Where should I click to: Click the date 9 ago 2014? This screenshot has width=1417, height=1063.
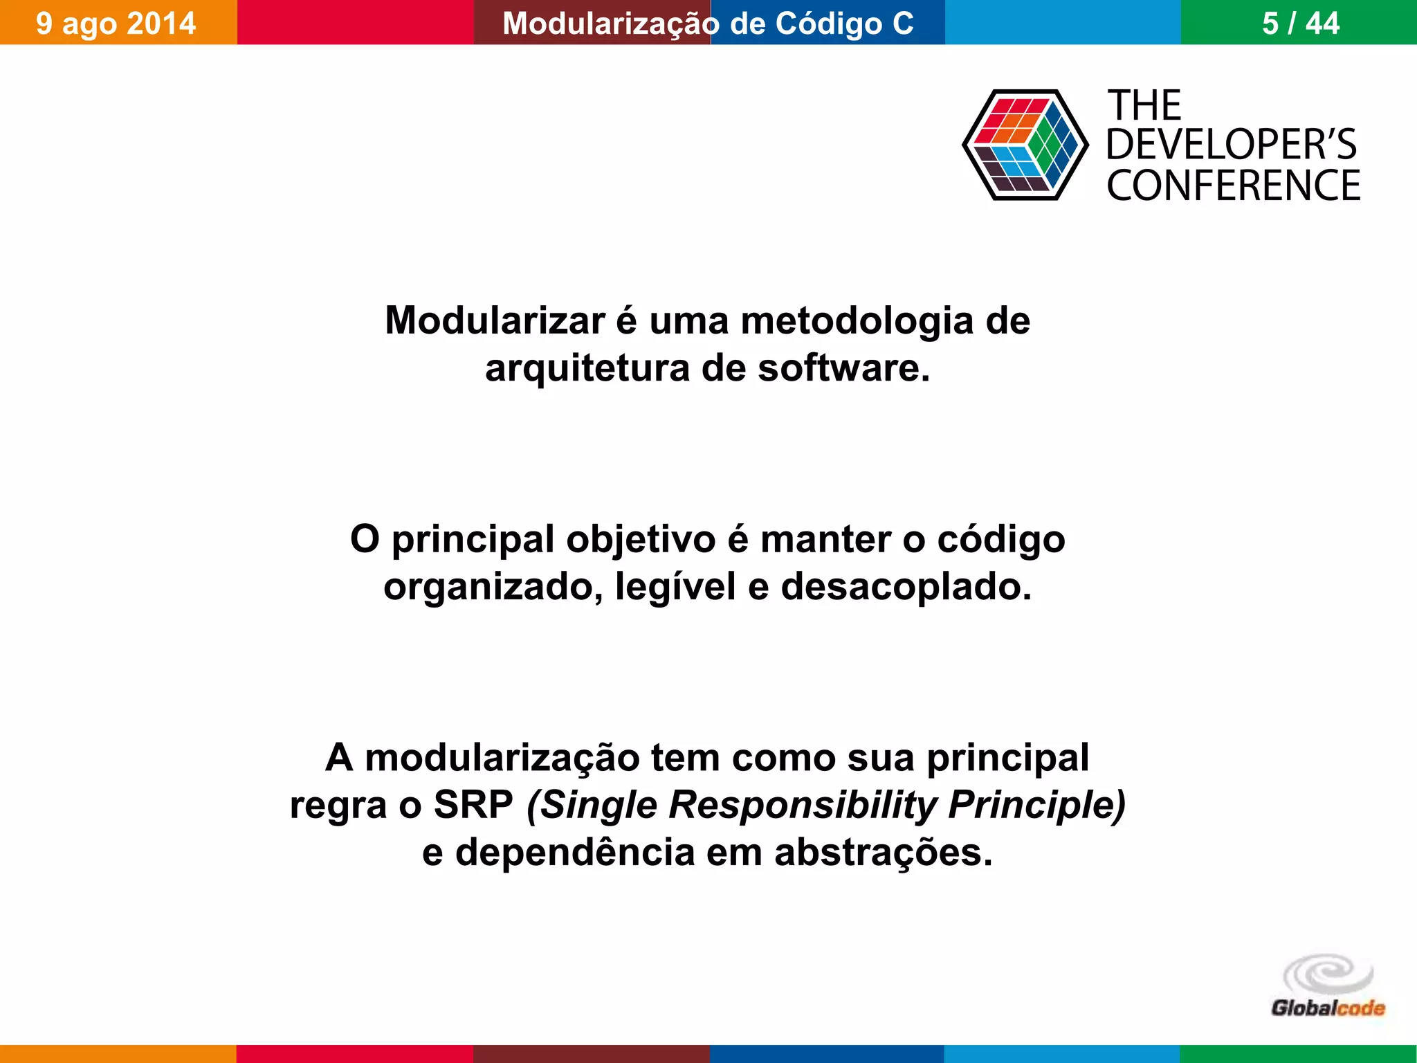[x=116, y=23]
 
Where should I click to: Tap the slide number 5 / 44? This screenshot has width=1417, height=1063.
[x=1301, y=23]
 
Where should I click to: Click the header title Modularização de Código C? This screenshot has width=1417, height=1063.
[x=708, y=23]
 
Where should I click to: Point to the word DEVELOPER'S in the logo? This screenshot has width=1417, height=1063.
[x=1232, y=145]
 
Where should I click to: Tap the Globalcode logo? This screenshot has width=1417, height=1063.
[x=1328, y=987]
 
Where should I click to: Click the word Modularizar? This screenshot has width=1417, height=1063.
[x=495, y=321]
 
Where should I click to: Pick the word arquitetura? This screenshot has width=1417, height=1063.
[x=587, y=367]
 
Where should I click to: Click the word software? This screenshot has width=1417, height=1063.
[x=843, y=367]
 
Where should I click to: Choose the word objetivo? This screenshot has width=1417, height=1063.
[x=641, y=539]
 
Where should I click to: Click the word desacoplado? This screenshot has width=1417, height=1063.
[x=906, y=587]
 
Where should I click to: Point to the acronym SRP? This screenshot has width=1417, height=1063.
[x=473, y=805]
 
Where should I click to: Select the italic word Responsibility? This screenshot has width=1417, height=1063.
[x=803, y=805]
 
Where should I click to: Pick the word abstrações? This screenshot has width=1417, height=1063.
[x=883, y=852]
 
